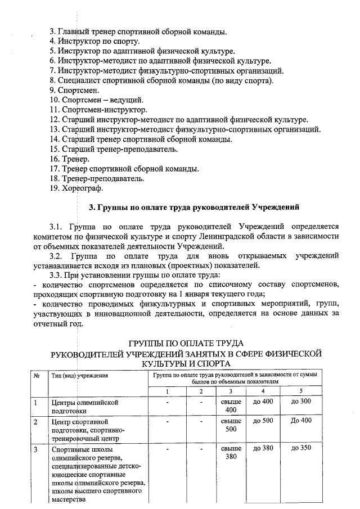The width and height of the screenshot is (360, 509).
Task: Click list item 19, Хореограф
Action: click(76, 188)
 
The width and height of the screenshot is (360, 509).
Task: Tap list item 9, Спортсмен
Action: click(74, 90)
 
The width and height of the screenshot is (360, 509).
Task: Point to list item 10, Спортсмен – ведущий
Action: click(92, 100)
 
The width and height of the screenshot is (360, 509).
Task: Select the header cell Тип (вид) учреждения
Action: click(79, 376)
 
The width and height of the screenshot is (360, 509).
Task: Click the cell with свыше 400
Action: click(231, 406)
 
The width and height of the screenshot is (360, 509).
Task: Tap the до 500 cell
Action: click(263, 421)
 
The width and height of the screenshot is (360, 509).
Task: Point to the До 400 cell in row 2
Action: click(301, 421)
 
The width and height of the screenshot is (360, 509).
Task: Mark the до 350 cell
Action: click(301, 449)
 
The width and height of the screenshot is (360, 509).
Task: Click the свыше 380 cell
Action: click(231, 453)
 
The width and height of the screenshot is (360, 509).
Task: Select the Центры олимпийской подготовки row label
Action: click(84, 407)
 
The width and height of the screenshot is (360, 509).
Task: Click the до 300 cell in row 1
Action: click(301, 402)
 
